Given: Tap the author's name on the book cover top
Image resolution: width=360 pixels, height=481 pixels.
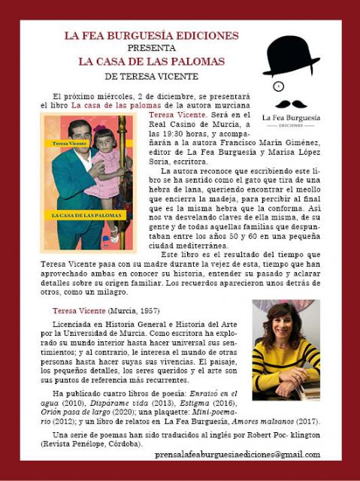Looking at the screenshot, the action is (x=65, y=141).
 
